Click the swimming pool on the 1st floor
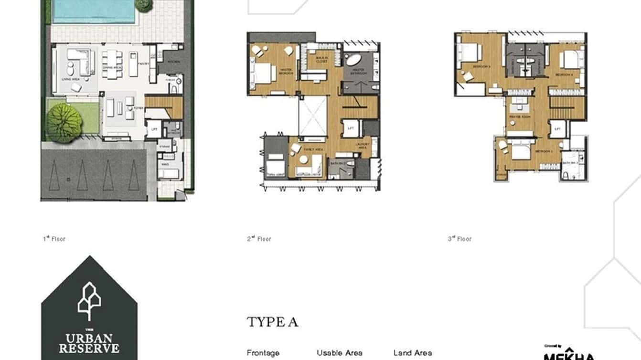pyautogui.click(x=94, y=11)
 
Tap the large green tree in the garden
pyautogui.click(x=63, y=123)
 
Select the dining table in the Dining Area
pyautogui.click(x=112, y=64)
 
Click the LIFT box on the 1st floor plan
pyautogui.click(x=154, y=129)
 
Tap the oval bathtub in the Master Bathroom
pyautogui.click(x=354, y=60)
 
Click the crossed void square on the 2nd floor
pyautogui.click(x=312, y=116)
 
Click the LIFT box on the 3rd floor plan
pyautogui.click(x=557, y=128)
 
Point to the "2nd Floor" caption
pyautogui.click(x=259, y=239)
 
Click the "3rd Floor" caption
pyautogui.click(x=459, y=239)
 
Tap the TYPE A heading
pyautogui.click(x=272, y=322)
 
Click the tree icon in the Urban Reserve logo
pyautogui.click(x=89, y=301)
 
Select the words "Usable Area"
pyautogui.click(x=339, y=353)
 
